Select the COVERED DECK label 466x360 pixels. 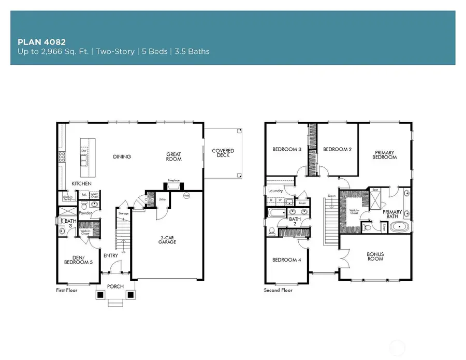223,153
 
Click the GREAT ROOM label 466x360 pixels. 174,156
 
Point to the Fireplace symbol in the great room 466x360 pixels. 173,184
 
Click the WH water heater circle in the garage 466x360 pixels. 186,196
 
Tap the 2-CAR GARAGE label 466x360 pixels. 170,241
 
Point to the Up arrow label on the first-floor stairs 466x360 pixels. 123,252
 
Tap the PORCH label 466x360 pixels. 115,286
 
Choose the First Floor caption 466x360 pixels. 67,291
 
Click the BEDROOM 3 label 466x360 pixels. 286,150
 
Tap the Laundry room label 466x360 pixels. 275,191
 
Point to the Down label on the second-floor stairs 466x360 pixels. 332,196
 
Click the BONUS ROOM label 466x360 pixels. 375,256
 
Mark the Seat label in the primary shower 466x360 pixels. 375,190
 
